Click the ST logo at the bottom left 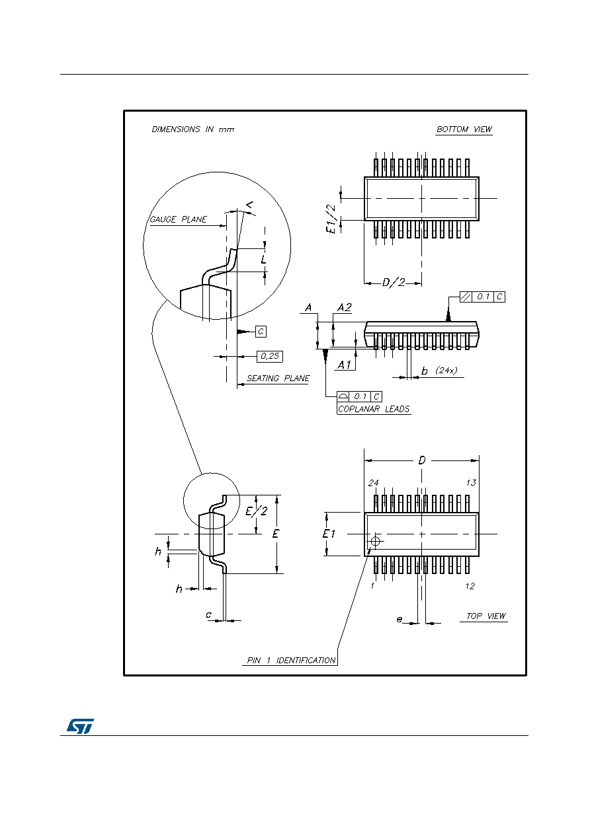click(80, 726)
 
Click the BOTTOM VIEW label click(464, 129)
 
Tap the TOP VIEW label click(485, 616)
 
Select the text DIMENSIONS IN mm click(193, 129)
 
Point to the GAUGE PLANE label click(178, 219)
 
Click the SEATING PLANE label click(278, 379)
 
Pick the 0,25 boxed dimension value click(270, 356)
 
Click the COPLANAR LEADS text click(374, 409)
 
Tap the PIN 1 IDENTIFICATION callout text click(291, 661)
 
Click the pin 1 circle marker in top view click(375, 541)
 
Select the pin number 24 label click(373, 483)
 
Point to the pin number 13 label click(471, 483)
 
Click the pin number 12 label click(470, 586)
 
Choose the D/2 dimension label click(393, 282)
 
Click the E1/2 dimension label click(331, 219)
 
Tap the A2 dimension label click(345, 308)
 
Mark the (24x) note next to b click(446, 371)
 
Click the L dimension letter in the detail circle click(263, 259)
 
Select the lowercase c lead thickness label click(209, 615)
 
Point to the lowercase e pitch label click(400, 619)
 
